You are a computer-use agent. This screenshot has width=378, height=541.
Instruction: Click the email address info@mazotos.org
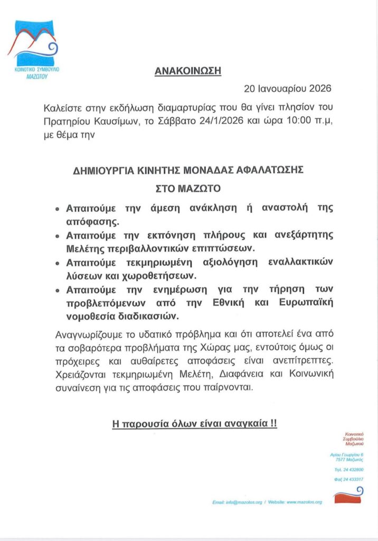[x=243, y=502]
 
